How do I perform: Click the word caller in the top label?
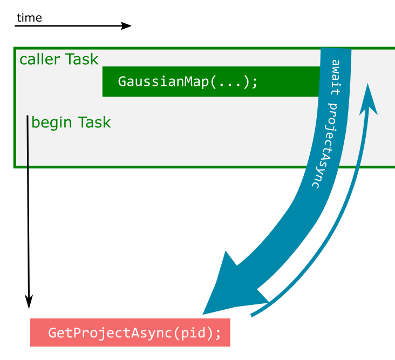(x=40, y=59)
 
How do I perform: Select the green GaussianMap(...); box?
(x=210, y=81)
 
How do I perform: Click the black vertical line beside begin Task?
(x=28, y=141)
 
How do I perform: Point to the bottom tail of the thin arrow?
(x=253, y=315)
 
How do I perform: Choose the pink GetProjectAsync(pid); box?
(x=130, y=332)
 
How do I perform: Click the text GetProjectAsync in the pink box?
(x=111, y=333)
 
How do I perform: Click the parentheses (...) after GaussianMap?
(x=229, y=82)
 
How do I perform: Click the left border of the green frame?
(x=15, y=108)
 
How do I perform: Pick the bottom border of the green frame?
(x=162, y=167)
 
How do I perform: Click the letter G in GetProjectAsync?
(x=52, y=333)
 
